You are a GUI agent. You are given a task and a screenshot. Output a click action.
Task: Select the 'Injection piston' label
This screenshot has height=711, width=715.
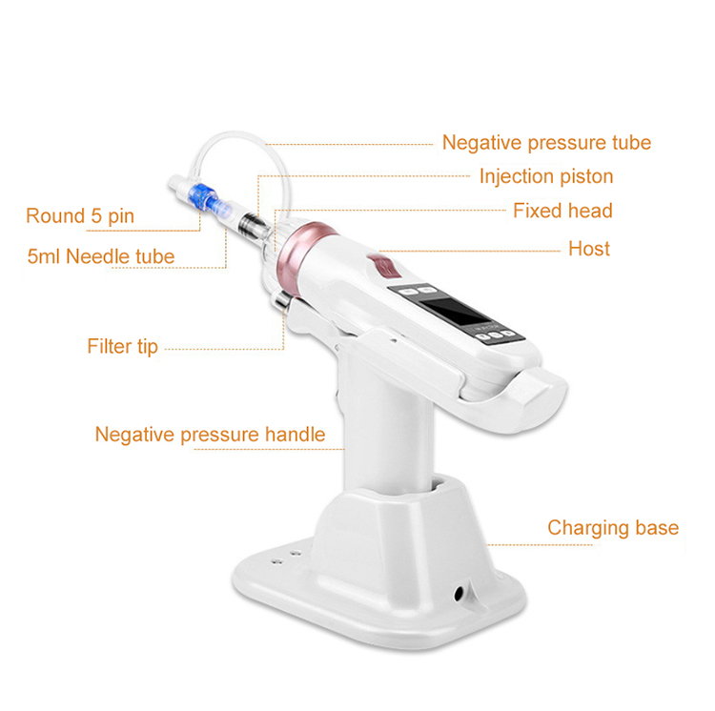(x=545, y=176)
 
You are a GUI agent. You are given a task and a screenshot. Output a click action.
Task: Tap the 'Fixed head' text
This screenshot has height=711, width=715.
(x=562, y=211)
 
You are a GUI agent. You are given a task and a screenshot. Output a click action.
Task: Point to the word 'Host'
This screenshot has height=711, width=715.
(x=588, y=249)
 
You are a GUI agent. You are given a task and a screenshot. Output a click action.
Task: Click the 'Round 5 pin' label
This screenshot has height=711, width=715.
(x=80, y=216)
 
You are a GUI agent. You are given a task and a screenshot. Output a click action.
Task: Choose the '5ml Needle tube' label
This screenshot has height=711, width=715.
(x=100, y=255)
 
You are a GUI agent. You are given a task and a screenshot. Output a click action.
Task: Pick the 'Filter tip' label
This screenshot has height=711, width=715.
(x=122, y=346)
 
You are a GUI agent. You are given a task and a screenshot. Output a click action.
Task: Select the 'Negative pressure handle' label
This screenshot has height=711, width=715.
(x=210, y=436)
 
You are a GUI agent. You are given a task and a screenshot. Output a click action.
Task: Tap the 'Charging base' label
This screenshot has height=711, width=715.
(x=613, y=528)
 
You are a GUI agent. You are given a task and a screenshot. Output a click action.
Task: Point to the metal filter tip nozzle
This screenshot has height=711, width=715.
(x=280, y=302)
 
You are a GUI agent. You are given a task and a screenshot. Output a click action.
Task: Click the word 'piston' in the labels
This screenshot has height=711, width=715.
(x=584, y=176)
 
